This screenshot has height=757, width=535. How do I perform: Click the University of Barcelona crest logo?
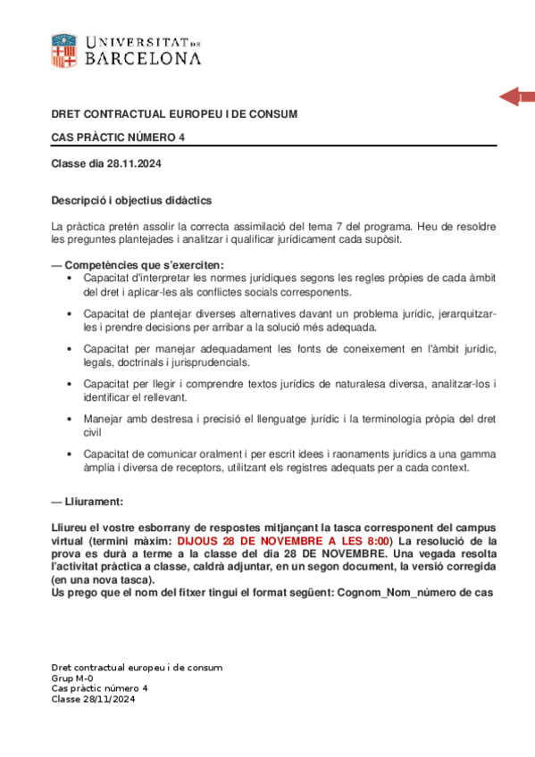click(x=63, y=50)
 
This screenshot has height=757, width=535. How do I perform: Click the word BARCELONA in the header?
click(x=142, y=59)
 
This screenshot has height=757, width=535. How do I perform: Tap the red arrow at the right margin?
click(x=515, y=97)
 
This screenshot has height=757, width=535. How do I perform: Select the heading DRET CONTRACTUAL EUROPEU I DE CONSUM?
click(x=174, y=114)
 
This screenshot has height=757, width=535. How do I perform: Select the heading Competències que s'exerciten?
click(x=144, y=265)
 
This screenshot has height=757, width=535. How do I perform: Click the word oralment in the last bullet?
click(x=224, y=453)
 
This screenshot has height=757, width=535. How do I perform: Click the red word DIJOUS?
click(x=196, y=541)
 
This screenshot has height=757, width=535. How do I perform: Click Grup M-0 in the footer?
click(x=71, y=678)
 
